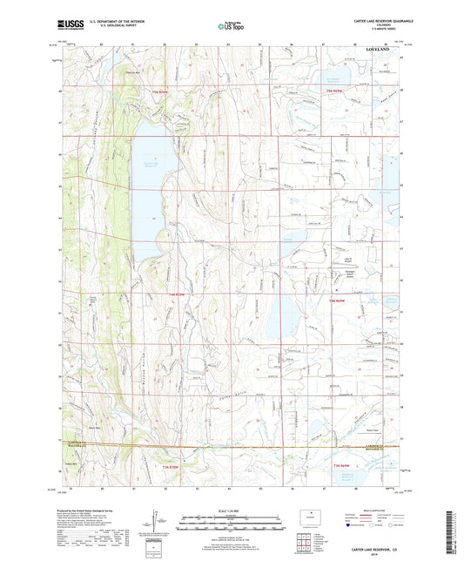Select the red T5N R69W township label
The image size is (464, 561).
click(335, 91)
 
